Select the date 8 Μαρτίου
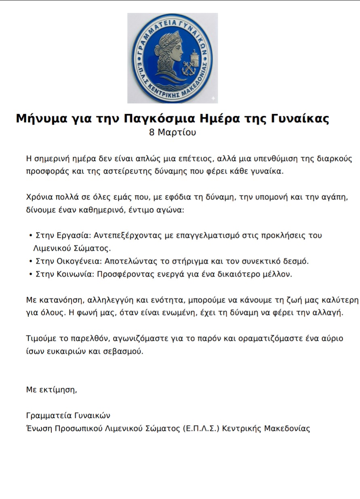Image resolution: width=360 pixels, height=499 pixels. pyautogui.click(x=173, y=132)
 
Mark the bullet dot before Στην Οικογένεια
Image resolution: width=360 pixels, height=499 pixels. pyautogui.click(x=31, y=261)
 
